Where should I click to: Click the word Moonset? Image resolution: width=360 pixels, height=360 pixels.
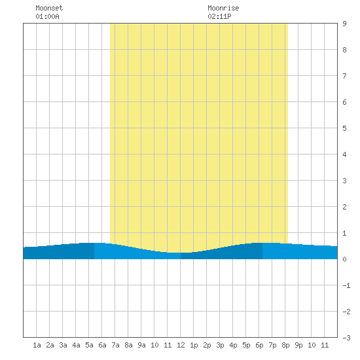(49, 8)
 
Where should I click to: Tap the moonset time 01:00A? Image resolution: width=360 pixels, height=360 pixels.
(47, 16)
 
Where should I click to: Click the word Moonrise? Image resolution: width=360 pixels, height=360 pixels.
(223, 8)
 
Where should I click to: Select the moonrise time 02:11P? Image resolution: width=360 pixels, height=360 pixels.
(219, 16)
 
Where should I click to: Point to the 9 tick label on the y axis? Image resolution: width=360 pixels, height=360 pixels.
(344, 24)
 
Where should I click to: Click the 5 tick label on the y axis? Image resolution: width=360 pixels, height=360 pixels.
(344, 128)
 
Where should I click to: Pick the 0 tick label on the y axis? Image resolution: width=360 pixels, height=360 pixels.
(344, 259)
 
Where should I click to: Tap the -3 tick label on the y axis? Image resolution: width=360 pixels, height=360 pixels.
(346, 338)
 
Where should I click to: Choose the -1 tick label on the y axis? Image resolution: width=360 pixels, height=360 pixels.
(346, 285)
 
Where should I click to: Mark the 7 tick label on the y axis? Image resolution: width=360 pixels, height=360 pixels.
(344, 76)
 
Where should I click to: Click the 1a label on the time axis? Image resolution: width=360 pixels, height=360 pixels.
(37, 345)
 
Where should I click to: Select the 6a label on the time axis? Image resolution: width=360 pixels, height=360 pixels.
(102, 345)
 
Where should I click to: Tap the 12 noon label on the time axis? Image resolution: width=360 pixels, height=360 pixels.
(181, 345)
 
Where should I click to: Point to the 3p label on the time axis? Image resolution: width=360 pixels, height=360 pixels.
(220, 346)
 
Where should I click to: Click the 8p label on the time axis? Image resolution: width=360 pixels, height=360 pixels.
(285, 346)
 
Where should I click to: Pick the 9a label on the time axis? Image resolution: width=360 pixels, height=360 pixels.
(141, 345)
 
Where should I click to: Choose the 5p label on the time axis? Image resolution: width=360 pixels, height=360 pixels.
(246, 346)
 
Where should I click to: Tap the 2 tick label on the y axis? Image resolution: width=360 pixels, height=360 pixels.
(344, 207)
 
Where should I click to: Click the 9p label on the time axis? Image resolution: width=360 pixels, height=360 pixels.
(298, 346)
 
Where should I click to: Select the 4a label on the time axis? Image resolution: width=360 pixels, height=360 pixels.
(76, 345)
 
